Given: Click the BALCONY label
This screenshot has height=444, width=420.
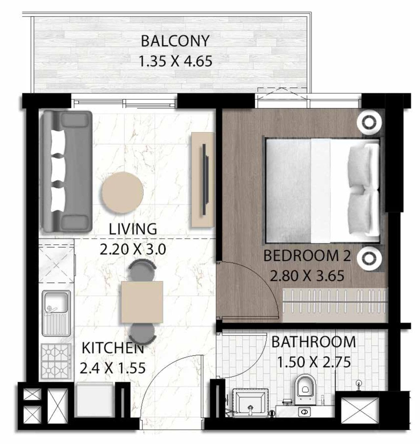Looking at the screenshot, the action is pos(175,41).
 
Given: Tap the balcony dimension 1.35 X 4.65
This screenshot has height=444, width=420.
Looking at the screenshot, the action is pos(176,61).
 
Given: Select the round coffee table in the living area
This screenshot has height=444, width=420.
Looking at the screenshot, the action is pos(122,192).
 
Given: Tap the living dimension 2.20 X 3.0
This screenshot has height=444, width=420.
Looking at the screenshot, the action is pos(133,250).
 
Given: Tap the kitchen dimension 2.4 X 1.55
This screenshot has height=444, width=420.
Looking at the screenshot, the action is pos(113,368).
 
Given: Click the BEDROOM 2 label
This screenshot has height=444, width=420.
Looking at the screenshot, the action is pos(307,256).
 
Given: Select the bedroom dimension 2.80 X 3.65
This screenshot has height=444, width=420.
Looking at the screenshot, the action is pos(307,276).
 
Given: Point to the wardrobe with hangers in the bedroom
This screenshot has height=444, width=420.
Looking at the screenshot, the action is pos(335,305).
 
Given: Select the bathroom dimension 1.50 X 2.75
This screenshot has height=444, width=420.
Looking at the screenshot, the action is pos(314,362).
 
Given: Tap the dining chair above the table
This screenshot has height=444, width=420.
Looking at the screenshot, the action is pos(142,270).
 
